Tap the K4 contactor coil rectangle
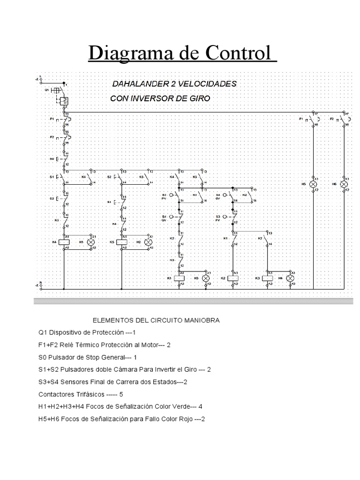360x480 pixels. pyautogui.click(x=66, y=242)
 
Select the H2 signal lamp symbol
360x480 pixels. pyautogui.click(x=149, y=242)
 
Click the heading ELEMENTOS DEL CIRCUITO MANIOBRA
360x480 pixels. pyautogui.click(x=156, y=321)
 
